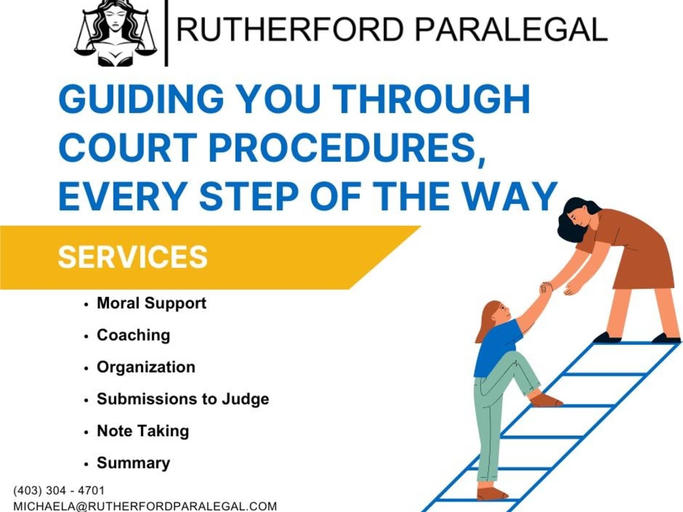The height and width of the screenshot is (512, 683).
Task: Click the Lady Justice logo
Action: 115,33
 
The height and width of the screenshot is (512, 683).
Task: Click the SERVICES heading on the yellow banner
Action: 133,257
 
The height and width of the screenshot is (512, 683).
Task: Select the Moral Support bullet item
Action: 151,303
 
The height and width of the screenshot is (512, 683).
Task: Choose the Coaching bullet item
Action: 133,335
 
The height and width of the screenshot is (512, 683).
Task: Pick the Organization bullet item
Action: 146,367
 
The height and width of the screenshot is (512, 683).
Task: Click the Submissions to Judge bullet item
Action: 183,399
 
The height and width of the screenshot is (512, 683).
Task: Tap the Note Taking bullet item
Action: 143,431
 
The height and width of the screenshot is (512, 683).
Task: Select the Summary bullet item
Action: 133,463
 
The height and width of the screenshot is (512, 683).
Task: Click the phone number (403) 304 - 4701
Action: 59,490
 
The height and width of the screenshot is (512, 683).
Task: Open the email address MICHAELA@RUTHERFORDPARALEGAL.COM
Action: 145,506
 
